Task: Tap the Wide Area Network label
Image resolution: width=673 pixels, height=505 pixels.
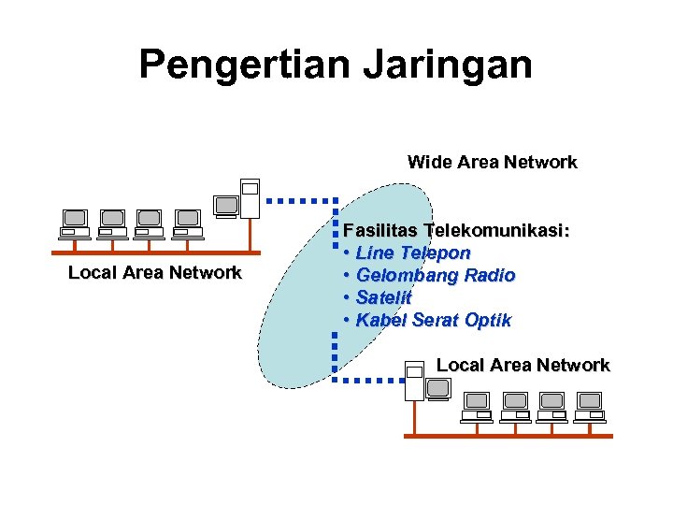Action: (492, 163)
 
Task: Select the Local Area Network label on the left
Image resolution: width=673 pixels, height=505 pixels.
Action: (154, 273)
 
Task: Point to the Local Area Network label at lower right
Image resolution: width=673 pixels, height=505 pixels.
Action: (523, 366)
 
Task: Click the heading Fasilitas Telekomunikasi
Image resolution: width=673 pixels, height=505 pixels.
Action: (456, 230)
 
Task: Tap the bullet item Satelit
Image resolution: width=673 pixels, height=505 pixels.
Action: (383, 298)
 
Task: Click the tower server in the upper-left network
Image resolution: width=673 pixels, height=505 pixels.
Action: (250, 196)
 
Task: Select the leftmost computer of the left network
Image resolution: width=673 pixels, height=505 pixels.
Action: (74, 224)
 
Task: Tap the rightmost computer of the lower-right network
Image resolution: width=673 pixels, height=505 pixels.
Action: (589, 407)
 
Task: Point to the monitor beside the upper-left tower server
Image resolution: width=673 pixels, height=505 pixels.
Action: (225, 206)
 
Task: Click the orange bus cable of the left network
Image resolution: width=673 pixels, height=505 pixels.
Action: (154, 252)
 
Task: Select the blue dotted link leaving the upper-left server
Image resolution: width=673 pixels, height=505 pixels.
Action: (299, 200)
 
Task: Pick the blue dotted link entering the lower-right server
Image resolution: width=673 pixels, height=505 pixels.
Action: (369, 381)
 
